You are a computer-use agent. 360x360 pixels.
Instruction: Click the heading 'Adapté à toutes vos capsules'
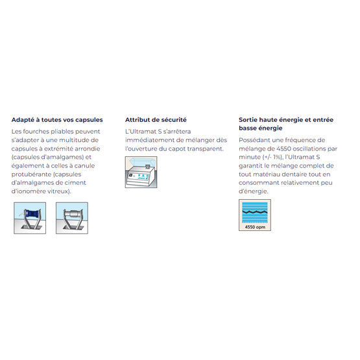coord(57,120)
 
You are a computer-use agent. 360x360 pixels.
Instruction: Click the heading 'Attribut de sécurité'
coord(156,120)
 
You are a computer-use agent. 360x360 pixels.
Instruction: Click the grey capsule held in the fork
coord(72,214)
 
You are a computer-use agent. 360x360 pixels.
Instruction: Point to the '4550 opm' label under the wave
coord(255,227)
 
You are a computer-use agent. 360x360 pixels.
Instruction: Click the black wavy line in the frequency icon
coord(255,212)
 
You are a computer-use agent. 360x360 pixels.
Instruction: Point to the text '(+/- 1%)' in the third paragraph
coord(272,157)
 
